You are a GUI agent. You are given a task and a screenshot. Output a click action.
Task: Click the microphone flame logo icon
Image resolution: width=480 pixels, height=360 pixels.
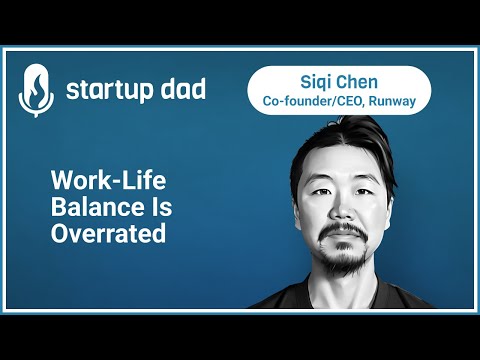(x=35, y=91)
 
